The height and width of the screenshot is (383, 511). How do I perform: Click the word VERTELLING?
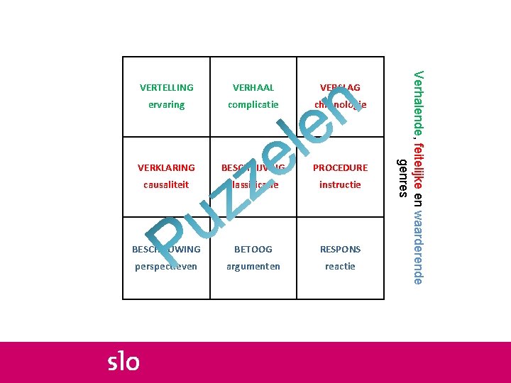(166, 88)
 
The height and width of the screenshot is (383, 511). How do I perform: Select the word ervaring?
(166, 105)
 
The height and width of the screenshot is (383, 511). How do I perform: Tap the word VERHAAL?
(253, 88)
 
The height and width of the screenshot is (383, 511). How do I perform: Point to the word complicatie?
(253, 105)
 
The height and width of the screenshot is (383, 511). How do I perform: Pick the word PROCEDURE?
(340, 168)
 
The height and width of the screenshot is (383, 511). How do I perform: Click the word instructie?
(340, 184)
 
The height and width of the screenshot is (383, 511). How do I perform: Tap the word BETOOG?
(253, 250)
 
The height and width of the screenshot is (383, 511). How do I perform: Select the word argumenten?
(253, 267)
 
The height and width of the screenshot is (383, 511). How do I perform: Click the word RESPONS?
(340, 250)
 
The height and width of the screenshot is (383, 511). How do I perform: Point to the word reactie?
(340, 267)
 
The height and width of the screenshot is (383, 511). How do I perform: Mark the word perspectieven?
(166, 267)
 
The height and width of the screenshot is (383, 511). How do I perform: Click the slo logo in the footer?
(123, 361)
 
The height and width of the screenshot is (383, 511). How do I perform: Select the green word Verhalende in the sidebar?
(419, 104)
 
